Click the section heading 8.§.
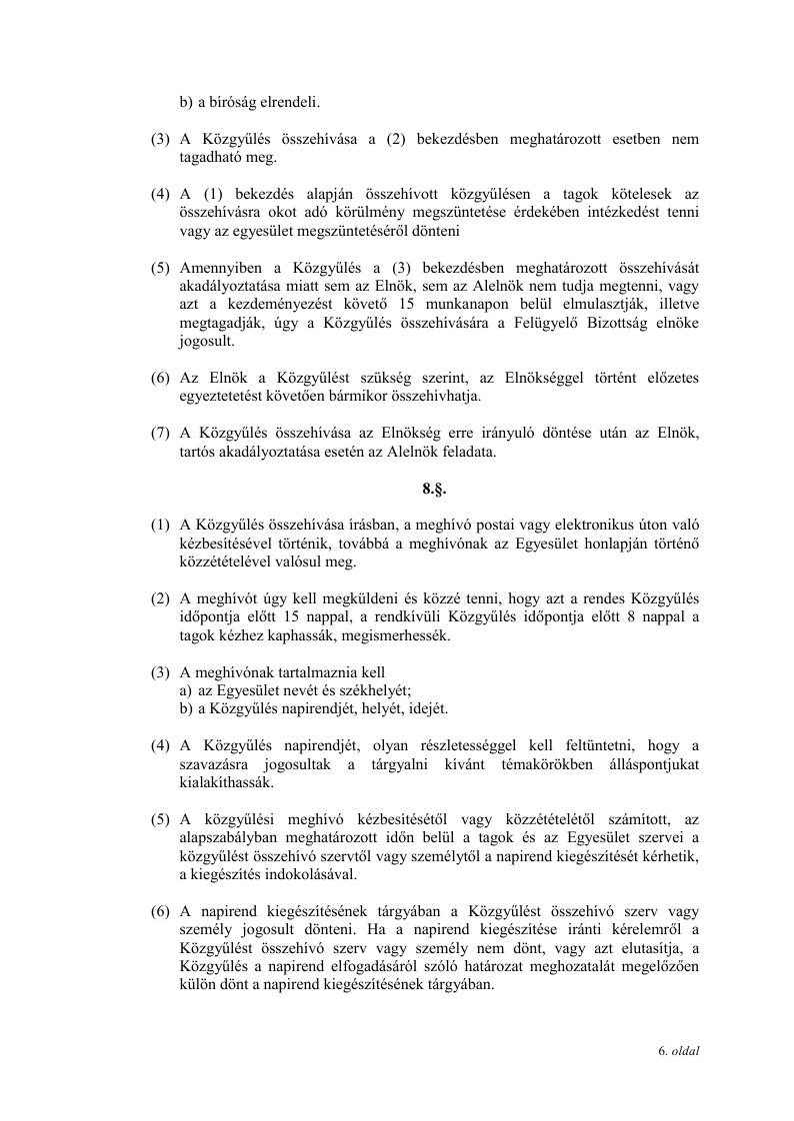click(x=433, y=491)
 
